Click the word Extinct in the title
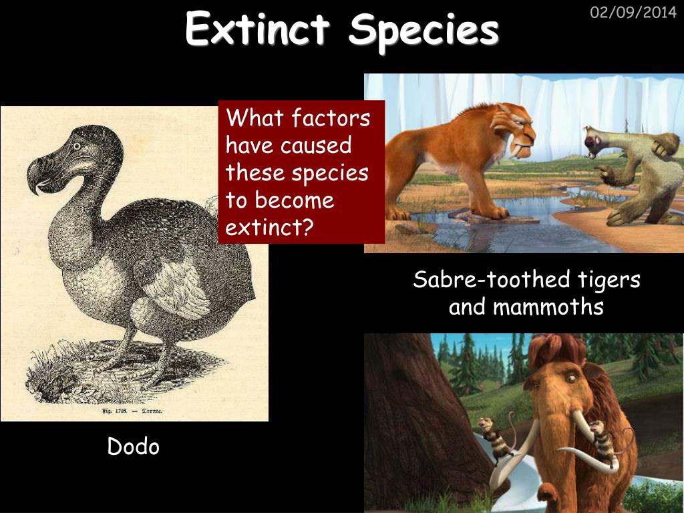pos(257,28)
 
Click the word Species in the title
pos(423,31)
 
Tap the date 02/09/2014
pos(633,12)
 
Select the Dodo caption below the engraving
pos(134,446)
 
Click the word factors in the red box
pos(331,118)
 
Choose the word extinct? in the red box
pos(270,227)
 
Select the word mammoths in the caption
pos(548,307)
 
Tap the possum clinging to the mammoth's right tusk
pos(602,442)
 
